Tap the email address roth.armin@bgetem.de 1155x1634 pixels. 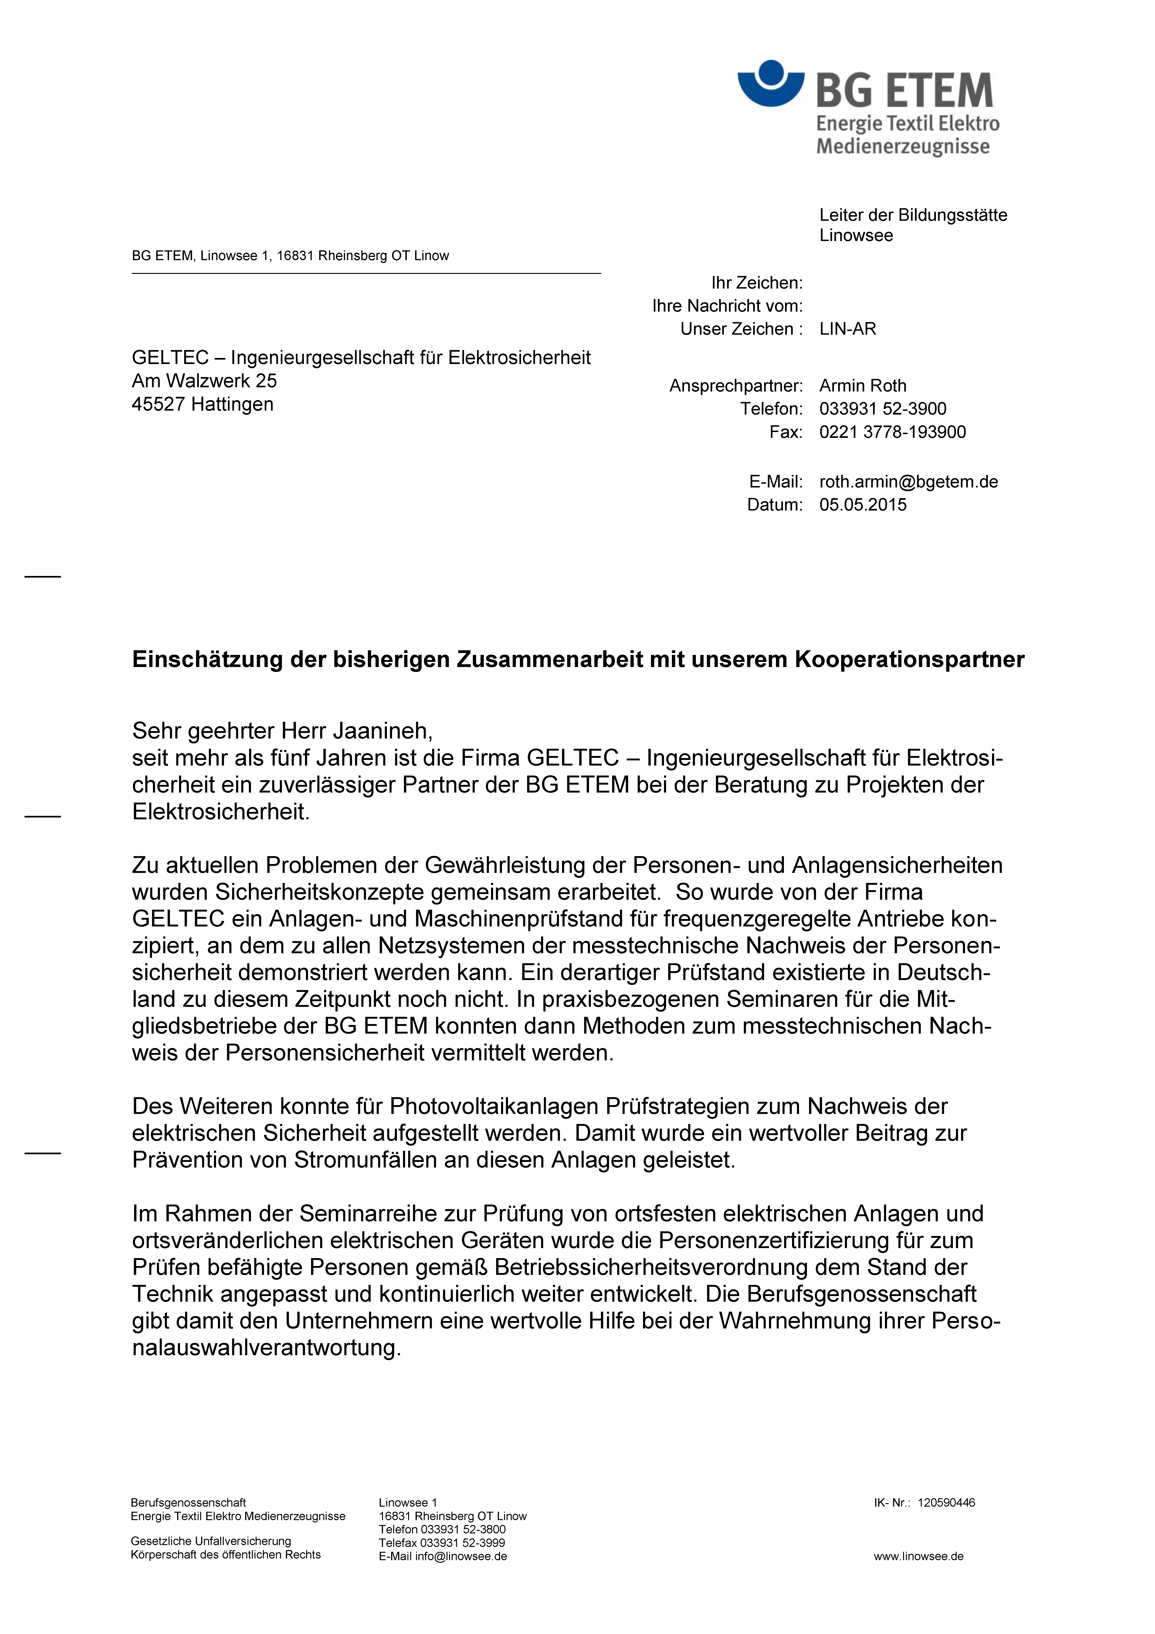point(908,482)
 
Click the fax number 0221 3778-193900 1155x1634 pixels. point(892,432)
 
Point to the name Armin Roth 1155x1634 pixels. point(863,386)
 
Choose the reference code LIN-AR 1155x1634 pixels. point(848,329)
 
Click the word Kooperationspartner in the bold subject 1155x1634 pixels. point(909,660)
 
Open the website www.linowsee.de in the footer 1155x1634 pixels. point(918,1556)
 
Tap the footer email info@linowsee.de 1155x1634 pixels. point(461,1556)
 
